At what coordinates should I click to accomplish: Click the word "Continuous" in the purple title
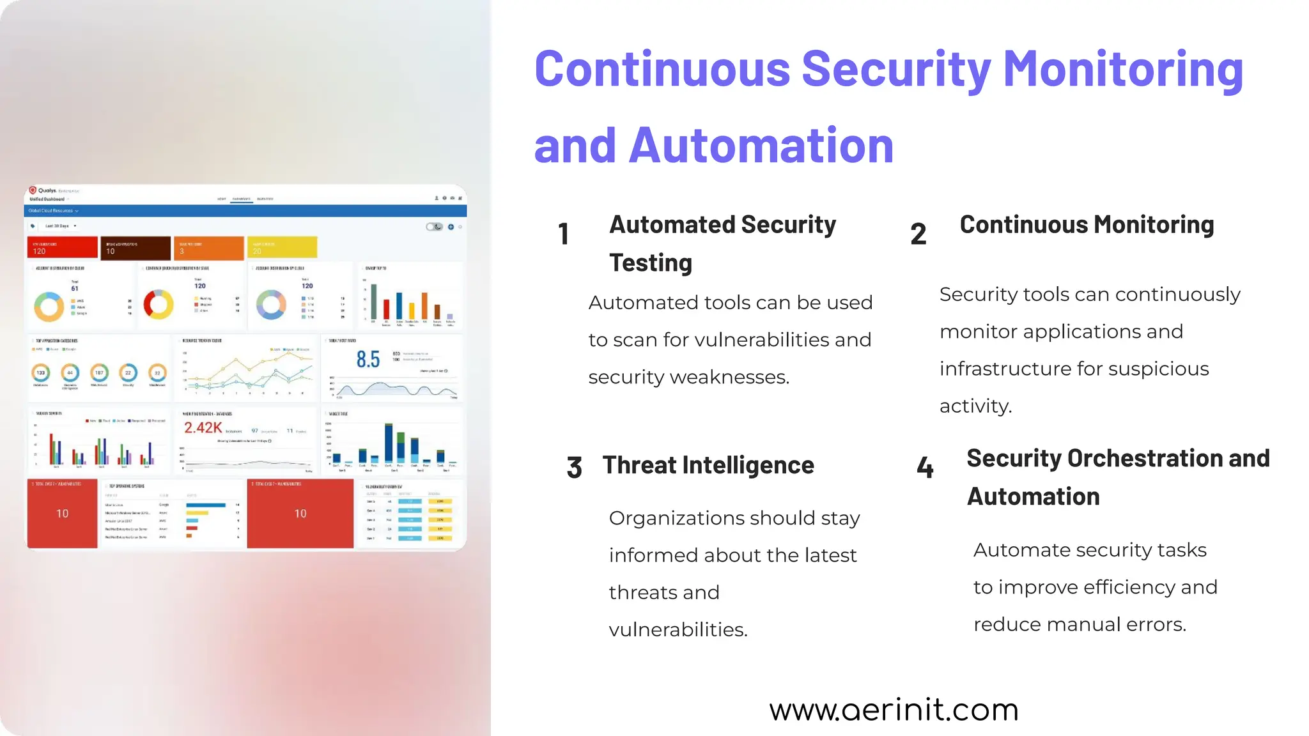coord(662,69)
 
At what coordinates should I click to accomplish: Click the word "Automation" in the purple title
coord(761,146)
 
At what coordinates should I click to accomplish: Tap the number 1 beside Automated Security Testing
coord(563,234)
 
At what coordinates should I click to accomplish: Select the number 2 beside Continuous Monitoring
coord(918,234)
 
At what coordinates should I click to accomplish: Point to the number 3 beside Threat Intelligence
coord(574,467)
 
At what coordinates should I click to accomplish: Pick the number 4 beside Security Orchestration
coord(925,467)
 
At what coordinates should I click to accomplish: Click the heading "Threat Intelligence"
coord(708,465)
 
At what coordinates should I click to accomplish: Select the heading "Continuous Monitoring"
coord(1087,225)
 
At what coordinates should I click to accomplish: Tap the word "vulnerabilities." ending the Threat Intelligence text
coord(678,630)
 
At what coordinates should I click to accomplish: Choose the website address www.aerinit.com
coord(894,710)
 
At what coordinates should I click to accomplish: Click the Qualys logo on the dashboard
coord(33,190)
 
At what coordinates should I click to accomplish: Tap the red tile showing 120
coord(62,247)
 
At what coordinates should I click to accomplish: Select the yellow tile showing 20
coord(282,247)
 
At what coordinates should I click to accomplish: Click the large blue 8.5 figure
coord(368,360)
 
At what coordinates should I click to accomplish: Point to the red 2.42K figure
coord(203,427)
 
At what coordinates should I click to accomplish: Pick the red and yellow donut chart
coord(159,304)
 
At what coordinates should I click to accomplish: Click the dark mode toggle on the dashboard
coord(435,227)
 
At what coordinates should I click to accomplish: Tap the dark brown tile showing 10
coord(134,247)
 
